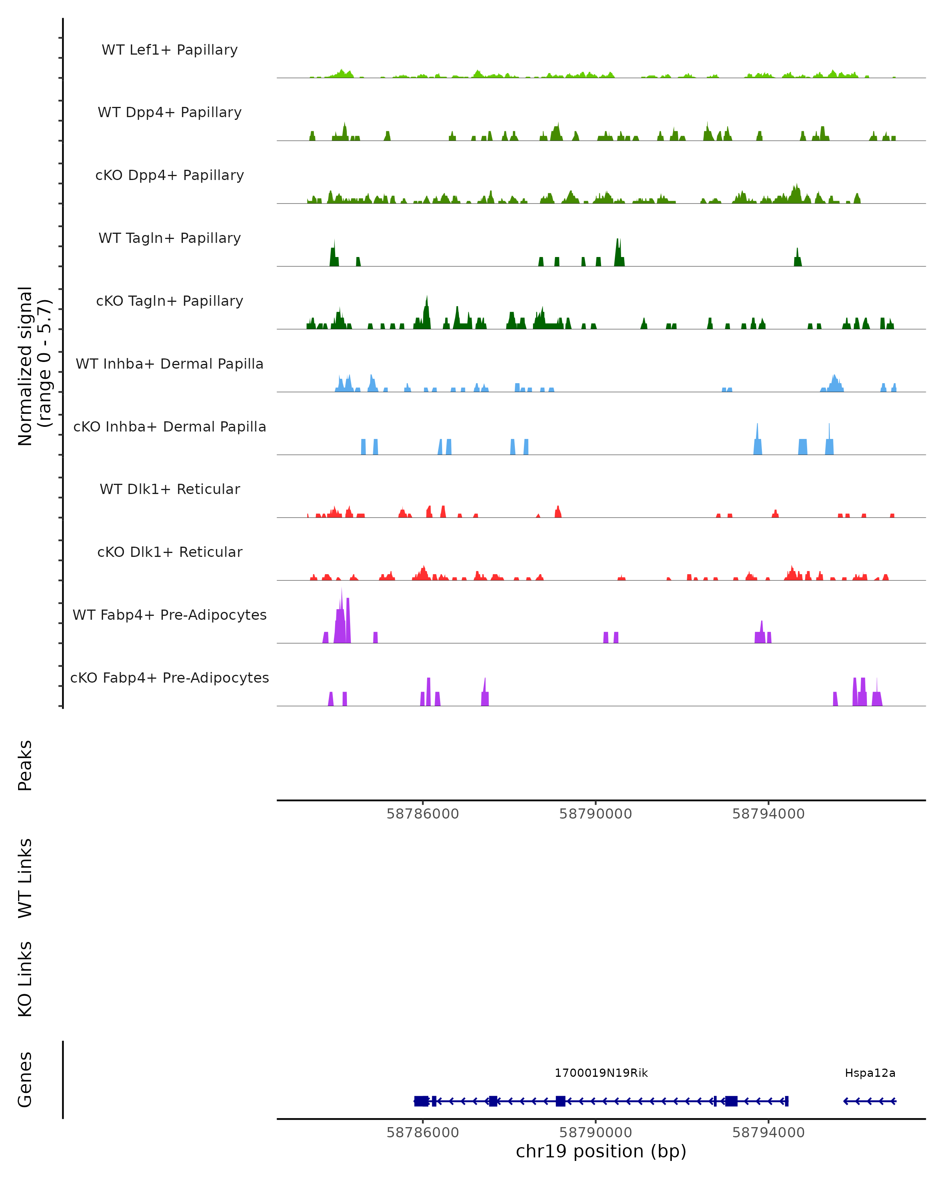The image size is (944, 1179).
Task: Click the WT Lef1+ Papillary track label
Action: coord(170,50)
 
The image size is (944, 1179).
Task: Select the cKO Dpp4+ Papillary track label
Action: coord(170,176)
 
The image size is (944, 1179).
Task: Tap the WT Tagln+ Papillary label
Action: coord(170,239)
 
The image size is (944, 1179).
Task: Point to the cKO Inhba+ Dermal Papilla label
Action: coord(170,427)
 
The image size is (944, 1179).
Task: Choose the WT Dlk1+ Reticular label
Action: coord(170,489)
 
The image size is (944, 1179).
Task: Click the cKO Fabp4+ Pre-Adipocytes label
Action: coord(170,678)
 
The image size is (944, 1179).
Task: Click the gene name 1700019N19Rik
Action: coord(601,1073)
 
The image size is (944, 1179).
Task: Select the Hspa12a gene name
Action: coord(870,1073)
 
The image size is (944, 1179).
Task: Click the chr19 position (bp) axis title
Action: coord(601,1151)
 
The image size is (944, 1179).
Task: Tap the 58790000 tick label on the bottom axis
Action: coord(596,1133)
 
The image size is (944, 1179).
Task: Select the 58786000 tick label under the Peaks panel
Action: coord(422,814)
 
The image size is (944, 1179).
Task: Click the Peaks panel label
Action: coord(25,766)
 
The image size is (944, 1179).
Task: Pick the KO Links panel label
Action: coord(25,979)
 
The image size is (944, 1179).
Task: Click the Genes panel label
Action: coord(25,1080)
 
